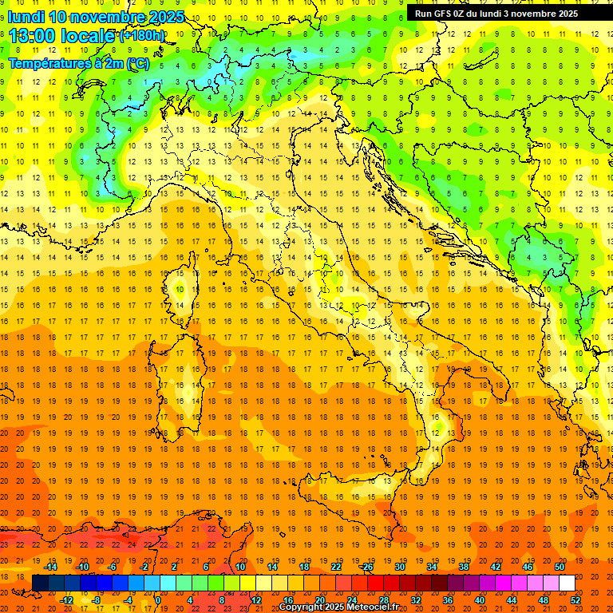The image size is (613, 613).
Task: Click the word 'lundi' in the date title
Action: coord(25,17)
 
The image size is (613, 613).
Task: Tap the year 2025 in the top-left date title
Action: coord(165,17)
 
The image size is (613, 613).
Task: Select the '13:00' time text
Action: coord(33,36)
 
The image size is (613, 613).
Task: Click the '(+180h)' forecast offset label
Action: coord(141,36)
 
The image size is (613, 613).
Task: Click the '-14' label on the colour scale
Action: coord(50,567)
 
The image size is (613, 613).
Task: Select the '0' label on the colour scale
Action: coord(158,600)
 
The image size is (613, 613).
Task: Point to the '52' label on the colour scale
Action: coord(576,600)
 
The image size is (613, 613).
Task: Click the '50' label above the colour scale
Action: coord(560,567)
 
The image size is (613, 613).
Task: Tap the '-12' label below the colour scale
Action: coord(67,600)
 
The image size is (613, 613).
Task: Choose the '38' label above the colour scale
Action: coord(464,567)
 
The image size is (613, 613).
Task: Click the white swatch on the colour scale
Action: coord(567,583)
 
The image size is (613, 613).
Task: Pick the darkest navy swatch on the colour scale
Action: coord(40,583)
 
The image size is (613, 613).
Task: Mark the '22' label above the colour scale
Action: coord(336,567)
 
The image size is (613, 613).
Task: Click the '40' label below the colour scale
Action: coord(480,600)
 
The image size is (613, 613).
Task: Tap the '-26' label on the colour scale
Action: coord(366,567)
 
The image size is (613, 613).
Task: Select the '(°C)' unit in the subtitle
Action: coord(137,63)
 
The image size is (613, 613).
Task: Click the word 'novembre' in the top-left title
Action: coord(104,17)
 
